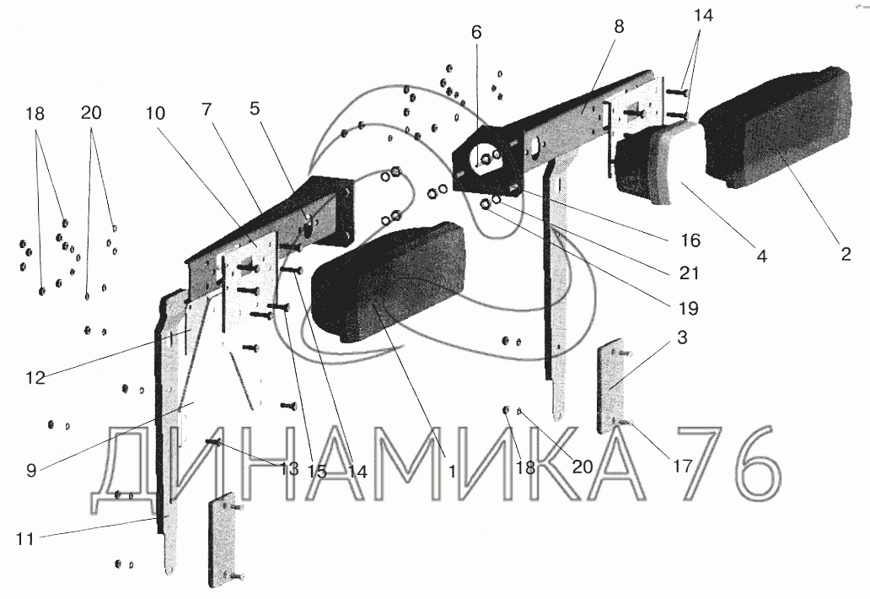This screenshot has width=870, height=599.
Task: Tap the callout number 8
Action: click(x=619, y=26)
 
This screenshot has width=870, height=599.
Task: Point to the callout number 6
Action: click(x=477, y=32)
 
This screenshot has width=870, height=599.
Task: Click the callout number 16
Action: click(x=690, y=240)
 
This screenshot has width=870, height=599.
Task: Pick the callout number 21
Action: click(x=690, y=273)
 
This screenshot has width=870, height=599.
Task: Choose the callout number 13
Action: click(x=289, y=470)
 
